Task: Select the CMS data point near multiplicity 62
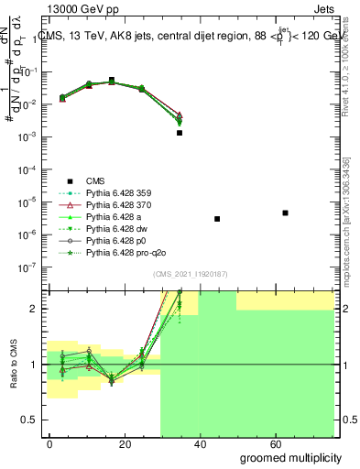285,213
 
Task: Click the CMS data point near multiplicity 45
217,219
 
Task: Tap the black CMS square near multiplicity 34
180,133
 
